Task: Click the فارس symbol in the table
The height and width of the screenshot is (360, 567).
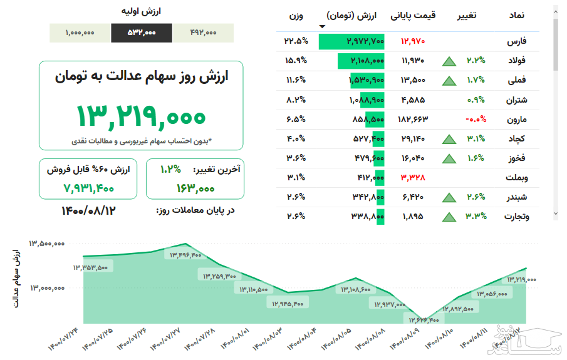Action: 516,41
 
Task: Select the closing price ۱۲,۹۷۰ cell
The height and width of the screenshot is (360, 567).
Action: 414,41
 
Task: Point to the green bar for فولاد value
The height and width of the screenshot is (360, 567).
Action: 360,61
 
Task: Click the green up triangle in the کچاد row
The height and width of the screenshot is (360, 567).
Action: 448,139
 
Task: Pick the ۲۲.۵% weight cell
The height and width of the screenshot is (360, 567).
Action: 296,41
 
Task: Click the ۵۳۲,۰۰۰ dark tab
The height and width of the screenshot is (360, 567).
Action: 142,33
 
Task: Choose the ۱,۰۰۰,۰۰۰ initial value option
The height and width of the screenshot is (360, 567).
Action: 80,33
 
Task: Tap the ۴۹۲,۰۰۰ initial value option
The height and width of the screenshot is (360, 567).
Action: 202,33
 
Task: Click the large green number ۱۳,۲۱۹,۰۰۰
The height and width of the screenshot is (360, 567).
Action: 141,116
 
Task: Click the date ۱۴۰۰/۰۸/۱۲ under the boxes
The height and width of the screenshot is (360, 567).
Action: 88,210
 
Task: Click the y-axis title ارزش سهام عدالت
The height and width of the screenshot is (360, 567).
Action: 16,279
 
